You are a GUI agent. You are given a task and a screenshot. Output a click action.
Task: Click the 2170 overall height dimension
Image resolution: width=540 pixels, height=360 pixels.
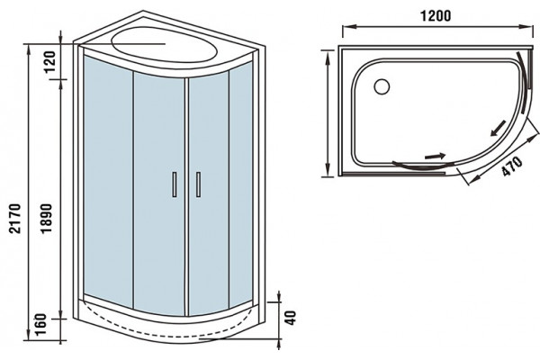coord(15,219)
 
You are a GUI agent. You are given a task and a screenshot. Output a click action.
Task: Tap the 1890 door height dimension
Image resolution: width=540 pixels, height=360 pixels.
coord(46,219)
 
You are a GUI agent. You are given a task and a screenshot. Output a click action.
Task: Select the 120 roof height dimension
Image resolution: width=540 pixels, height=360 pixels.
coord(49,62)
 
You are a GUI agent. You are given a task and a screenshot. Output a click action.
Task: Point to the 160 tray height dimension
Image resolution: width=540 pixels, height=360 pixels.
coord(40,325)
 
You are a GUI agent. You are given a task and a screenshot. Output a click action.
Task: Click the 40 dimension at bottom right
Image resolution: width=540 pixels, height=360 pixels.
coord(291,318)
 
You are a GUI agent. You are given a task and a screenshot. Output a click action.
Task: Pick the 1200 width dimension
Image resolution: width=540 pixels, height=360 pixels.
coord(436,16)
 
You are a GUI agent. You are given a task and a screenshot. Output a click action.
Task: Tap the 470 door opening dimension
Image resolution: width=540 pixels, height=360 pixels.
coord(512,166)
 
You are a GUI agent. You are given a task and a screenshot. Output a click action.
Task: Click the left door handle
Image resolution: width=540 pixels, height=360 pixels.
coord(175,184)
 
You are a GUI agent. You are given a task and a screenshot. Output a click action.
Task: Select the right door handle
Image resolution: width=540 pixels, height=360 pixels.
coord(198,184)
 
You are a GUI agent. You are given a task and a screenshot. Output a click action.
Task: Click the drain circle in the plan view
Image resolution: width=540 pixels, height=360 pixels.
coord(382,86)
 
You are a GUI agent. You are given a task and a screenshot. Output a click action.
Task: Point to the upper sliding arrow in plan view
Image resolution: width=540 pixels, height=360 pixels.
coord(498,128)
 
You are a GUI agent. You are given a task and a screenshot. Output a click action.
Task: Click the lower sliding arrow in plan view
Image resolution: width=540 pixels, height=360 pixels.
coord(436,156)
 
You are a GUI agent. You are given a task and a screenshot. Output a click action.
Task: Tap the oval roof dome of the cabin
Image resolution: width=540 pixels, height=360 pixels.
coord(165,45)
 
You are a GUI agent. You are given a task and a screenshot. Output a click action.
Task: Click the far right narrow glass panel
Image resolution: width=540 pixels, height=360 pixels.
coord(240,186)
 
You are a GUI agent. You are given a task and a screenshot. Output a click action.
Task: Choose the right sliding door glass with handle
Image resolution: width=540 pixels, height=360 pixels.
coord(209,194)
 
